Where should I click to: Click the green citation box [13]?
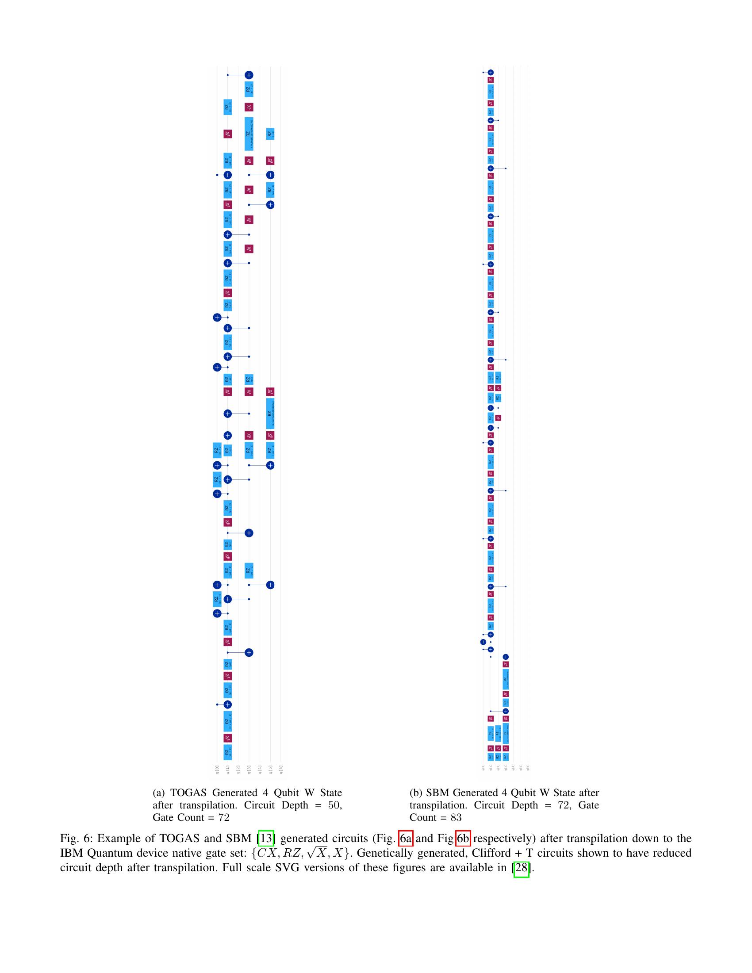(265, 839)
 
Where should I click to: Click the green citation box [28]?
(521, 868)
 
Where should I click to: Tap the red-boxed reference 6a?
(406, 839)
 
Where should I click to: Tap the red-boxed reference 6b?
(463, 839)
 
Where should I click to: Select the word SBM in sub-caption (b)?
(436, 793)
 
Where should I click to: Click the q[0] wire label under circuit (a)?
(217, 770)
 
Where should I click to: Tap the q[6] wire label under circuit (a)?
(280, 770)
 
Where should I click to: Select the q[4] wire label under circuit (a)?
(260, 770)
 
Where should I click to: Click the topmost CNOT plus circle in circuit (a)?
(249, 75)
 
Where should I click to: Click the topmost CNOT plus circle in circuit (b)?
(491, 72)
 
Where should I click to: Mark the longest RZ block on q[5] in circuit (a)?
(270, 414)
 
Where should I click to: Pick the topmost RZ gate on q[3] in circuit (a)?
(249, 89)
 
